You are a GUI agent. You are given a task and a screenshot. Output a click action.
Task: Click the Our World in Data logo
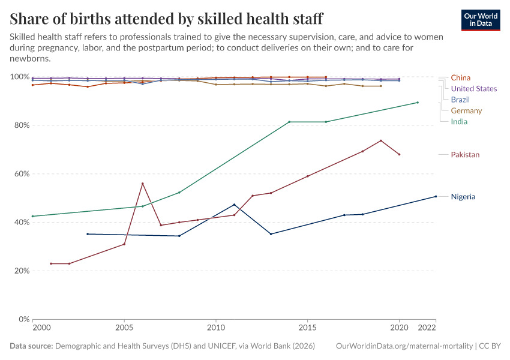(480, 20)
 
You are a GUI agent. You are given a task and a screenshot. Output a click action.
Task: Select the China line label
(460, 77)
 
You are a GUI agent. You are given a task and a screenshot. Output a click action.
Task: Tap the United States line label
(473, 89)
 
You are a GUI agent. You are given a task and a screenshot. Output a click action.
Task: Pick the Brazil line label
(460, 100)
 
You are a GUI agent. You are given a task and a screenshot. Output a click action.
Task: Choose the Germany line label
(466, 110)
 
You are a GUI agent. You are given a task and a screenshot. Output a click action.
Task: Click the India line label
(459, 122)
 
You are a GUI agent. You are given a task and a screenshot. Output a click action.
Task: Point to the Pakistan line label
(465, 155)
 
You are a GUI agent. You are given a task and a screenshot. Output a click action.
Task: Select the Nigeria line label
(463, 197)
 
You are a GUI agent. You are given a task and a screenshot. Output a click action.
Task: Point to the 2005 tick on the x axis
(124, 329)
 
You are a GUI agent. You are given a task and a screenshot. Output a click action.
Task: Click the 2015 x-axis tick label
(308, 329)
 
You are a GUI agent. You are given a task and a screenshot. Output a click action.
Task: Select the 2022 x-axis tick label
(427, 329)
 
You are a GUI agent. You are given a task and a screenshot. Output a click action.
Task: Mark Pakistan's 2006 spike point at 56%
(142, 184)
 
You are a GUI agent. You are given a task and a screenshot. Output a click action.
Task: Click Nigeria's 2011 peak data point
(234, 205)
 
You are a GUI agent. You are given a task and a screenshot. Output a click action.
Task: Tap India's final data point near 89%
(418, 103)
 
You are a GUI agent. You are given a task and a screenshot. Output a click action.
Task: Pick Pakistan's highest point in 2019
(381, 140)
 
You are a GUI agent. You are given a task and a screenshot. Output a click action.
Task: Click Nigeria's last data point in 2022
(436, 196)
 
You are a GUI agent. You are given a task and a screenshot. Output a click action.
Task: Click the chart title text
(166, 18)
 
